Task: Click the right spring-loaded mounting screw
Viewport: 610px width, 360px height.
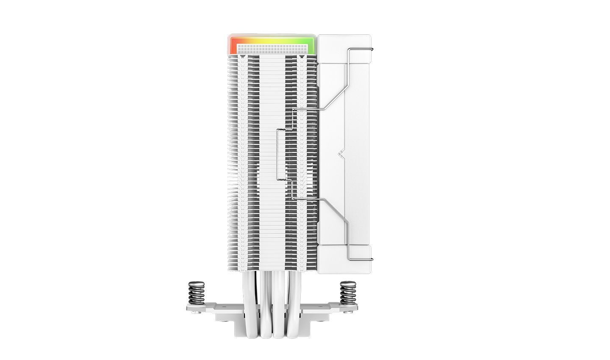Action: click(347, 293)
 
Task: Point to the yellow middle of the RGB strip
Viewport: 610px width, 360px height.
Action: click(271, 39)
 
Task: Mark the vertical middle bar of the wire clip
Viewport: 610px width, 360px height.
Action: click(277, 155)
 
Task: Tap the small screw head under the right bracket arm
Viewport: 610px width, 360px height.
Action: click(349, 312)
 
